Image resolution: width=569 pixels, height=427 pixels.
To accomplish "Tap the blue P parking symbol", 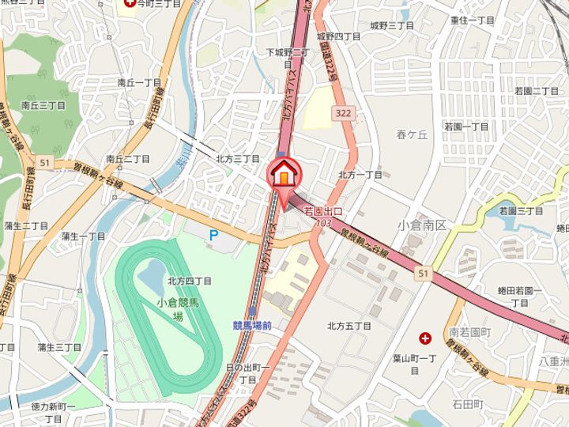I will tap(213, 234).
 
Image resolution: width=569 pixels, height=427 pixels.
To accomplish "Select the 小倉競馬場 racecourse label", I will tap(178, 308).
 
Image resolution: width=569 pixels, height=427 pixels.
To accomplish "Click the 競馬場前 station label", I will tap(252, 325).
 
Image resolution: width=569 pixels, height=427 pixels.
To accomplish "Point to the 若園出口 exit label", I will tap(322, 213).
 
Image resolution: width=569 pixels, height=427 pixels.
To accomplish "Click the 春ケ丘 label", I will tap(412, 135).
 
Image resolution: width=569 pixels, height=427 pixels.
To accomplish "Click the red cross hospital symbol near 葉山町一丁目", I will tap(426, 338).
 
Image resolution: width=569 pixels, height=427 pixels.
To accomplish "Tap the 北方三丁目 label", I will tap(238, 159).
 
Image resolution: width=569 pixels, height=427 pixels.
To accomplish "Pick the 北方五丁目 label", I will tap(349, 326).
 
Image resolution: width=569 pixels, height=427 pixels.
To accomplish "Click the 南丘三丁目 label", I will tap(43, 104).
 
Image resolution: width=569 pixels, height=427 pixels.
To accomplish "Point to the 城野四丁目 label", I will tap(338, 36).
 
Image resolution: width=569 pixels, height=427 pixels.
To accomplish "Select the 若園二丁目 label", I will tap(536, 91).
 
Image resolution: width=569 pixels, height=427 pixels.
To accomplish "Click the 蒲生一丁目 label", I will tap(83, 236).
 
